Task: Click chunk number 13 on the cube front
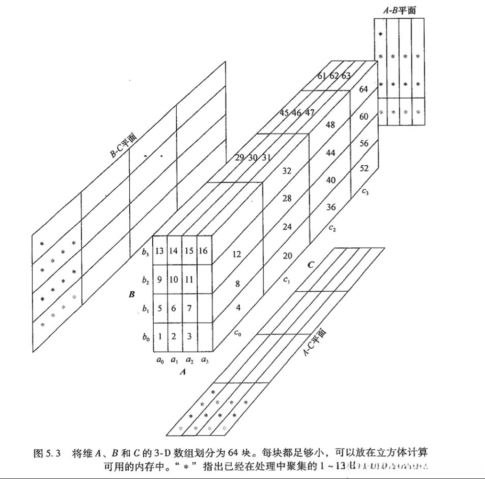[x=159, y=250]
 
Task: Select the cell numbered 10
[x=174, y=279]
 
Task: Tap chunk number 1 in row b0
[x=159, y=336]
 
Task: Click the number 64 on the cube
[x=363, y=89]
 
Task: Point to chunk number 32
[x=287, y=170]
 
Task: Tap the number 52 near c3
[x=364, y=168]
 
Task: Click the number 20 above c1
[x=287, y=256]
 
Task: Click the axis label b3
[x=145, y=251]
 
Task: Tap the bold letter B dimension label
[x=132, y=294]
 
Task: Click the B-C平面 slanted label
[x=123, y=145]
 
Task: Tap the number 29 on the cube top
[x=240, y=158]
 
